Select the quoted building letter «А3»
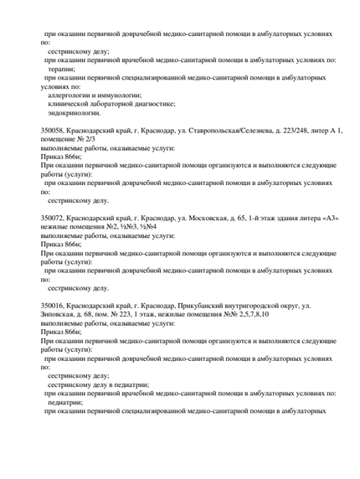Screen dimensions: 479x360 (321, 218)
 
